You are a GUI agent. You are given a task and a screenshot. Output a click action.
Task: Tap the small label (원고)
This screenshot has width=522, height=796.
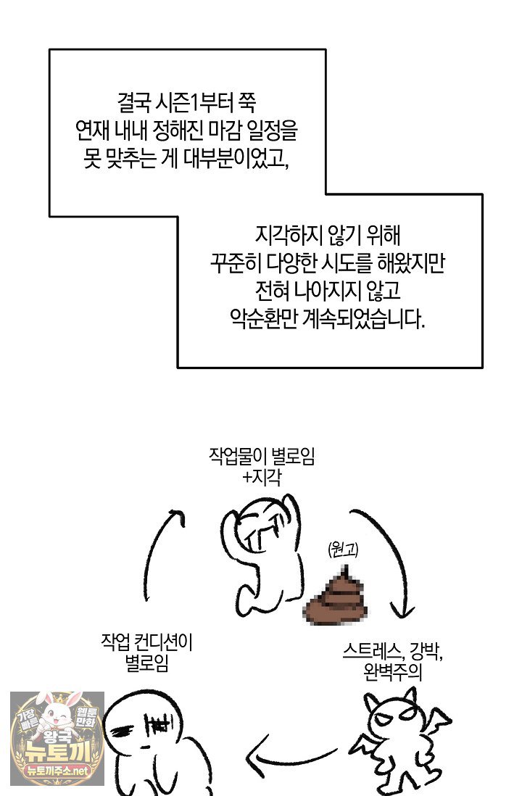pyautogui.click(x=344, y=550)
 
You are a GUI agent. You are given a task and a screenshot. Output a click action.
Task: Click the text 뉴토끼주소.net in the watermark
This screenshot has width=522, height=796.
pyautogui.click(x=57, y=771)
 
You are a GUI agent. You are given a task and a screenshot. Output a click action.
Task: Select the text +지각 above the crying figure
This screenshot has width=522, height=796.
pyautogui.click(x=262, y=477)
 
